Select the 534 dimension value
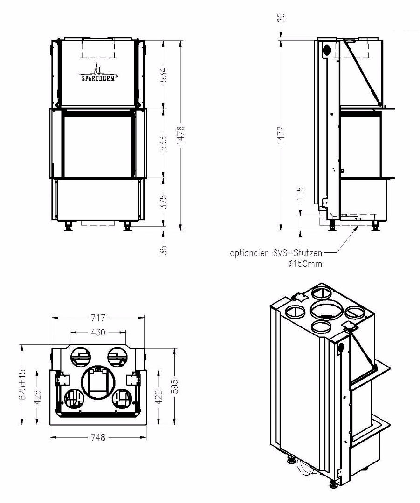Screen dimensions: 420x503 (164, 75)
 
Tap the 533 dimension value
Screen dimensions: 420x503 (164, 143)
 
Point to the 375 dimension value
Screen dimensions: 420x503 (164, 202)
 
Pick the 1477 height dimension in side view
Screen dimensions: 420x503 (281, 135)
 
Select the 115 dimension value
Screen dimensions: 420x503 (300, 193)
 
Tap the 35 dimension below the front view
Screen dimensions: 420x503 (164, 250)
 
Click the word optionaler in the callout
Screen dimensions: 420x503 (249, 253)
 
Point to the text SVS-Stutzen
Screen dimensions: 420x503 (297, 253)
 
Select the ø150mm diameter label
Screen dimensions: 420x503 (305, 264)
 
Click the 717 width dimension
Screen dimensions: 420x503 (98, 318)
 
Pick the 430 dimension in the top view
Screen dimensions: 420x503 (98, 332)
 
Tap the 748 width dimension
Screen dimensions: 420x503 (98, 437)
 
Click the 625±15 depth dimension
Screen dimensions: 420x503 (22, 384)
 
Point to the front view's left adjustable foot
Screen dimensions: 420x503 (69, 226)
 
